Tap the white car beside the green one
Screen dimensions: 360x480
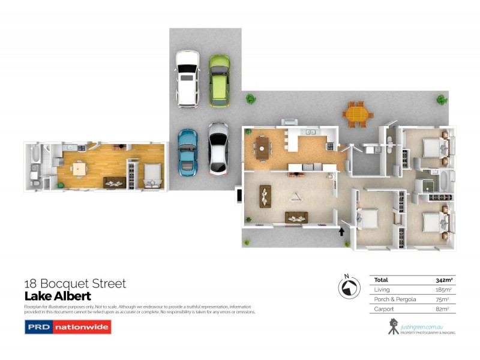click(x=187, y=79)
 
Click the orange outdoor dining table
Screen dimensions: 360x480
click(x=357, y=113)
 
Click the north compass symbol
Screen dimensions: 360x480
click(x=347, y=288)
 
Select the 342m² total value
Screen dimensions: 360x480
click(x=443, y=280)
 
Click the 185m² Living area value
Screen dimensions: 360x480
click(x=444, y=290)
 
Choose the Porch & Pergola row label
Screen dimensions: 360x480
click(x=392, y=299)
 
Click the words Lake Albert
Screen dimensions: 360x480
click(x=57, y=296)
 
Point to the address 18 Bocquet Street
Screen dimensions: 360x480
click(x=74, y=283)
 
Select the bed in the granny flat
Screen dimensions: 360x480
click(x=152, y=175)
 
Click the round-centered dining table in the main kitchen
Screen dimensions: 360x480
click(x=262, y=148)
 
